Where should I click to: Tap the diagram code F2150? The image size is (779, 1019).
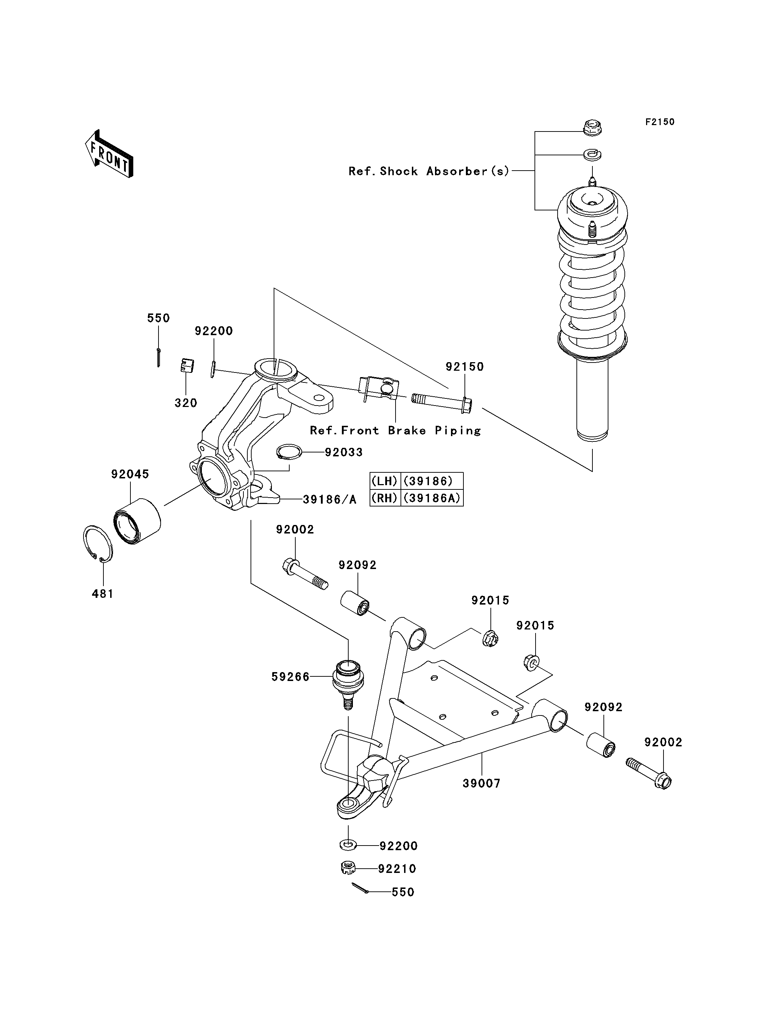pyautogui.click(x=660, y=122)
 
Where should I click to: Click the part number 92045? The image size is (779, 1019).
pyautogui.click(x=130, y=474)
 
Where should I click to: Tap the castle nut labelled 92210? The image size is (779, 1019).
pyautogui.click(x=348, y=868)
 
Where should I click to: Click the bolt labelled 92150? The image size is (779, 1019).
pyautogui.click(x=441, y=403)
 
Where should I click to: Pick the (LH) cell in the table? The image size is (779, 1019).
pyautogui.click(x=385, y=481)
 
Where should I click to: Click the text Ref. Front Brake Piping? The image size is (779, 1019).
pyautogui.click(x=396, y=430)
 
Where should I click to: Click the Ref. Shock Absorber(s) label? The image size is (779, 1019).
pyautogui.click(x=429, y=171)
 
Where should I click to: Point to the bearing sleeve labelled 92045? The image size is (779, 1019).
pyautogui.click(x=137, y=521)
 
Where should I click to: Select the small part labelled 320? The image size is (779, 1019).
pyautogui.click(x=187, y=365)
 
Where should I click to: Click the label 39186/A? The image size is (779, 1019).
pyautogui.click(x=330, y=499)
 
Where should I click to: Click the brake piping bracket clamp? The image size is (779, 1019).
pyautogui.click(x=378, y=388)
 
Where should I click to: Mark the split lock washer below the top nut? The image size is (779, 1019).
pyautogui.click(x=592, y=154)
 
